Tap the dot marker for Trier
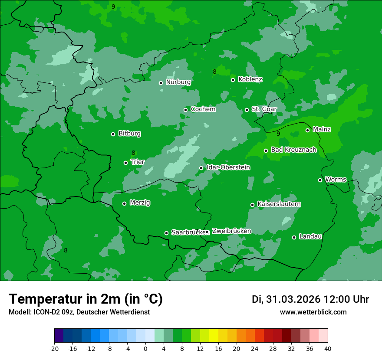pos(125,163)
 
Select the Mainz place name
pos(322,129)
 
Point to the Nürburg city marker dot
pos(161,83)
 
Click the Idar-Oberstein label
pos(228,167)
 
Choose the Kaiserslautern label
pos(279,204)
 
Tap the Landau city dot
pos(294,237)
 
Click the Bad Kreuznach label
pos(293,150)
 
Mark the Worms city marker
pos(320,180)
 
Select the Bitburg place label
pos(129,134)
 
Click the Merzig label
pos(140,203)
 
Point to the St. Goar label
pos(264,109)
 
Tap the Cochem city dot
pos(185,110)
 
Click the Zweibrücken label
pos(231,231)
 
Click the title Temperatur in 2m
pos(86,299)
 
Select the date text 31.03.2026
pos(293,299)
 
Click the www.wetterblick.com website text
pos(313,312)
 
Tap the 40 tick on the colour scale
pos(328,349)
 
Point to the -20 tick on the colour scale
pos(54,349)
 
